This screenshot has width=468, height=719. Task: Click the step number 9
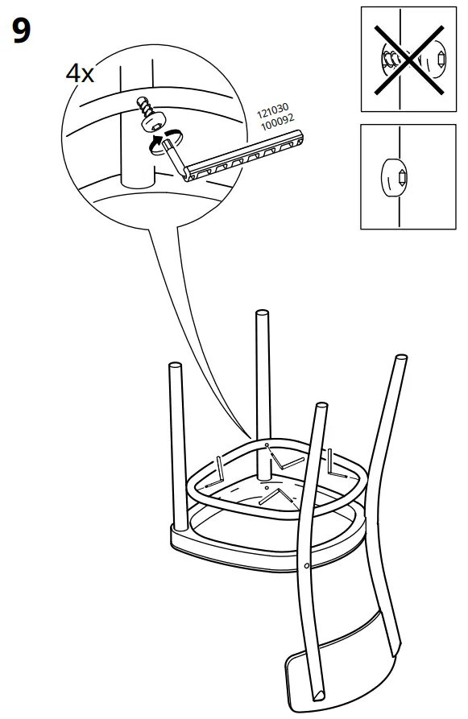[22, 31]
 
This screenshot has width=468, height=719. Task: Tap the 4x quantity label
[80, 73]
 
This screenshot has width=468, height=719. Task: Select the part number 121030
[272, 110]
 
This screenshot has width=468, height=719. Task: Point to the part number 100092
[278, 122]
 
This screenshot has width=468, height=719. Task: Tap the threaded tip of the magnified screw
[140, 102]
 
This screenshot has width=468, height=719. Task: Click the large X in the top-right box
[409, 60]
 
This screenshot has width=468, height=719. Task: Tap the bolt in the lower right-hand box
[394, 177]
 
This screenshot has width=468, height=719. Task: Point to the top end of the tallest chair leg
[262, 314]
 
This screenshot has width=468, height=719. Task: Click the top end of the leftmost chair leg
[176, 366]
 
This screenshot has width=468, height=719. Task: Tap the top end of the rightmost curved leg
[400, 357]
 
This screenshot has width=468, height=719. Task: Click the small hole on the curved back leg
[306, 566]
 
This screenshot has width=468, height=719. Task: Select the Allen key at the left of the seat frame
[216, 473]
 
